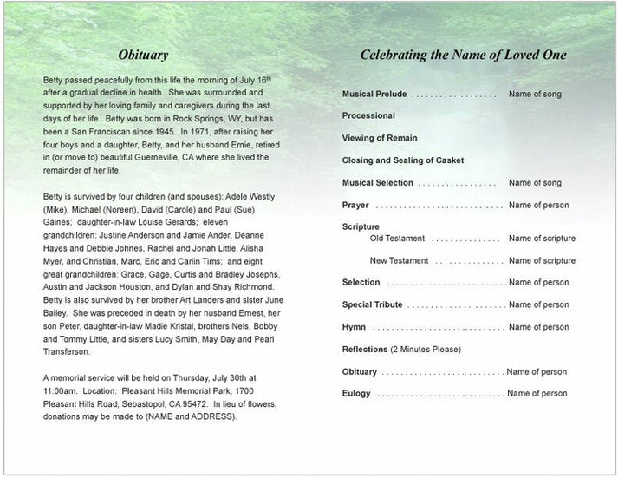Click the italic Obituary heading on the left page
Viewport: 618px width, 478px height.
coord(143,56)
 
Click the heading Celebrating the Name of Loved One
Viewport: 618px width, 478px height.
coord(463,56)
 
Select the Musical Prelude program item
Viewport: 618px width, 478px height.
coord(374,93)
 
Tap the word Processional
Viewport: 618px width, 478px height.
coord(368,115)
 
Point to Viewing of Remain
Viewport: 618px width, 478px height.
coord(380,138)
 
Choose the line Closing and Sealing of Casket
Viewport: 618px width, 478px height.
coord(403,160)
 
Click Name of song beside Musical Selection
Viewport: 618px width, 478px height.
coord(535,183)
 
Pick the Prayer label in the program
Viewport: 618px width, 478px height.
coord(355,206)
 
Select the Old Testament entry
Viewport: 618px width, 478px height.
coord(397,238)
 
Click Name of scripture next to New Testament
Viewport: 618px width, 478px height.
coord(542,260)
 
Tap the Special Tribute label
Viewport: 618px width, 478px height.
coord(373,304)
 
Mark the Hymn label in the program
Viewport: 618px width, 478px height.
coord(354,327)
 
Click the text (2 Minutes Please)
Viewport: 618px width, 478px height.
coord(426,350)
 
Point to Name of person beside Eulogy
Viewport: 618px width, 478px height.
coord(537,393)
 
